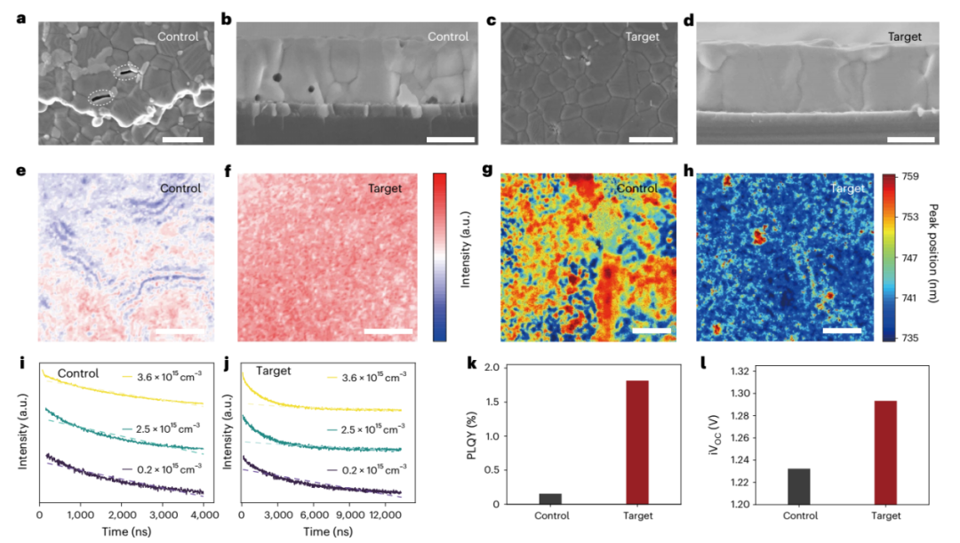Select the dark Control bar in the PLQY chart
point(551,499)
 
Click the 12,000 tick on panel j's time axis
point(385,515)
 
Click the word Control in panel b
point(447,37)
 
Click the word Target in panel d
point(904,37)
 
